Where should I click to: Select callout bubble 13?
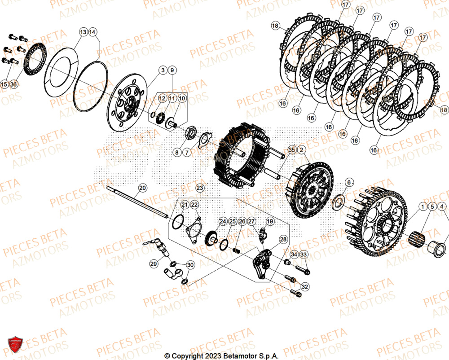click(x=84, y=32)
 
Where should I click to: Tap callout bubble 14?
click(x=92, y=32)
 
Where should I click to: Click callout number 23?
click(x=200, y=188)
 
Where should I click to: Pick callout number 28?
click(x=283, y=239)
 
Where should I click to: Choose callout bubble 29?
click(x=154, y=264)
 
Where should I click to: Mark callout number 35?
click(x=292, y=149)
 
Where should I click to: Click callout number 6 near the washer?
click(x=349, y=182)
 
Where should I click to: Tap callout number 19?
click(x=270, y=221)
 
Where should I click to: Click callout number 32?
click(x=305, y=286)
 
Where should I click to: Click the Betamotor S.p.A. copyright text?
click(x=221, y=356)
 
